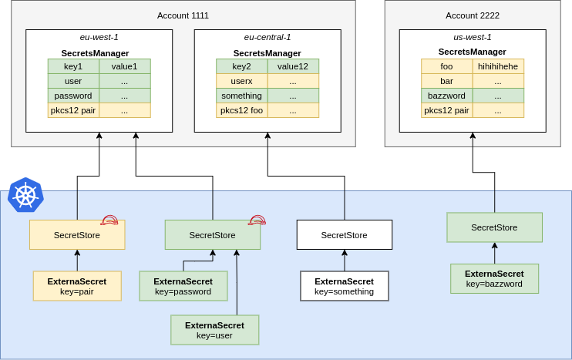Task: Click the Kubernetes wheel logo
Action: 25,195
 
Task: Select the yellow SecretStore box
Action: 77,235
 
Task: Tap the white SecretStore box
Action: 344,235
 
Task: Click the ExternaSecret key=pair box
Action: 77,286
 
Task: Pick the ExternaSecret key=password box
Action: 183,286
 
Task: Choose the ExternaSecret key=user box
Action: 214,330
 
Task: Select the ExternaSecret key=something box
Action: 344,286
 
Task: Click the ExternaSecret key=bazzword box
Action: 494,278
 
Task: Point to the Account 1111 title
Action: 183,15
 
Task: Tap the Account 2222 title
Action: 472,15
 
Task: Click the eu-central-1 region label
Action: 267,37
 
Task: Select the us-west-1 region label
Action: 473,37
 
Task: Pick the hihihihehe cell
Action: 498,66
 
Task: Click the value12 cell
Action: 293,66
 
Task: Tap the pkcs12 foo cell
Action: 241,110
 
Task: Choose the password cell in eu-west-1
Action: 73,96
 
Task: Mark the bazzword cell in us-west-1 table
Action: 446,96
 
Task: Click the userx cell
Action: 241,81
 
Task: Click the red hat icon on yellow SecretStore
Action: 109,220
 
